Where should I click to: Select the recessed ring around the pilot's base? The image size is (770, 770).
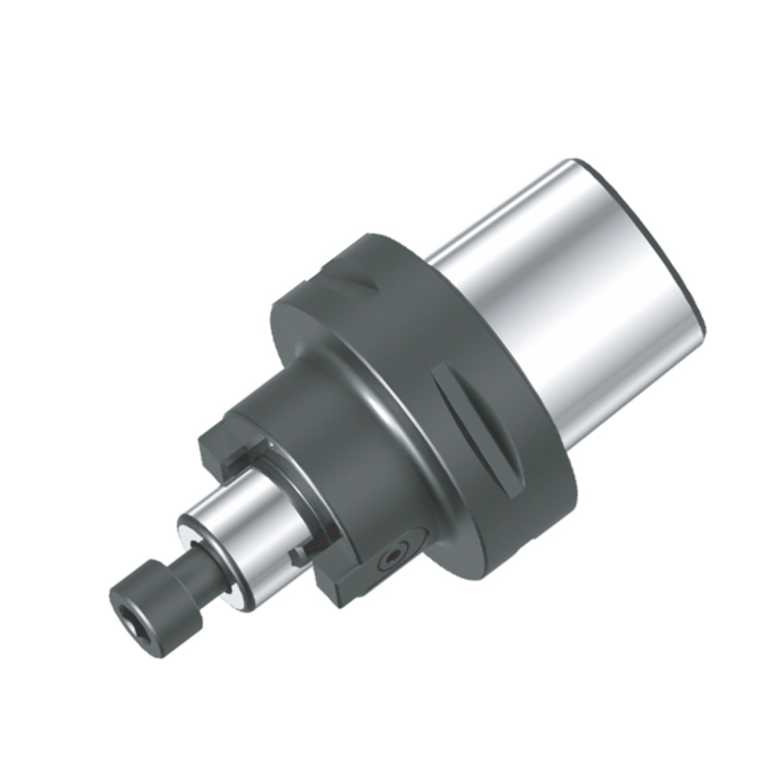coord(289,491)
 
